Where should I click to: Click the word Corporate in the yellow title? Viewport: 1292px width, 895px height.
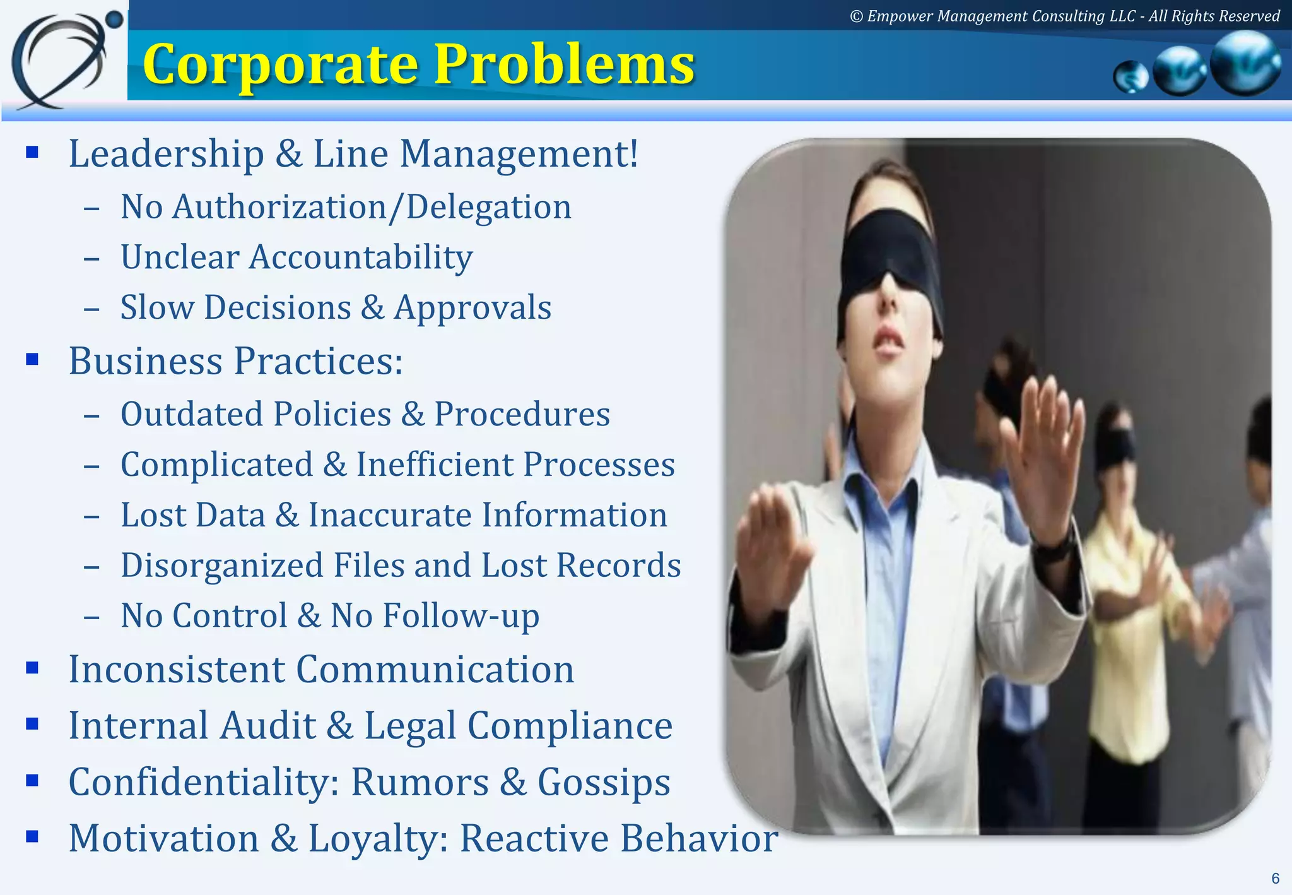pos(281,65)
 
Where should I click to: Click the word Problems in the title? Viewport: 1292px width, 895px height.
pos(565,65)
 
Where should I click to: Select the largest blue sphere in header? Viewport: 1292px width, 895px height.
pos(1246,63)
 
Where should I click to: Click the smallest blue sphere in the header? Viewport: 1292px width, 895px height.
pos(1131,78)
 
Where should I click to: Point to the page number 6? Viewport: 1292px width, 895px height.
pos(1275,879)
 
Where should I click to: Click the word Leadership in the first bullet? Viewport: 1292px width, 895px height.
pos(166,154)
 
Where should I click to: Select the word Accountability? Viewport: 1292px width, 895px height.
pos(360,258)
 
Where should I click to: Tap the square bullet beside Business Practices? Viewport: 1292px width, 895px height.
pos(32,360)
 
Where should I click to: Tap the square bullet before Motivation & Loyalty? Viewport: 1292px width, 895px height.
pos(32,837)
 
